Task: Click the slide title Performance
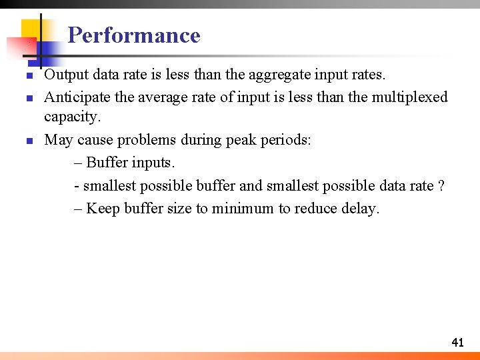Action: point(134,35)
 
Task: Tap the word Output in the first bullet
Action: point(65,75)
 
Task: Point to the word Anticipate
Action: point(77,97)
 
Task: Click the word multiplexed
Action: point(409,97)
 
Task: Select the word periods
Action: point(287,140)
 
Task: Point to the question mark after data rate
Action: point(441,185)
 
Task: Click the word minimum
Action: point(243,209)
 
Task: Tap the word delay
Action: point(360,209)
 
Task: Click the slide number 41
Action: point(457,343)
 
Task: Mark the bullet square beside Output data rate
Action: point(29,76)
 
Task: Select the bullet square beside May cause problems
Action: point(29,141)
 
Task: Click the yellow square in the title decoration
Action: point(32,30)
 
